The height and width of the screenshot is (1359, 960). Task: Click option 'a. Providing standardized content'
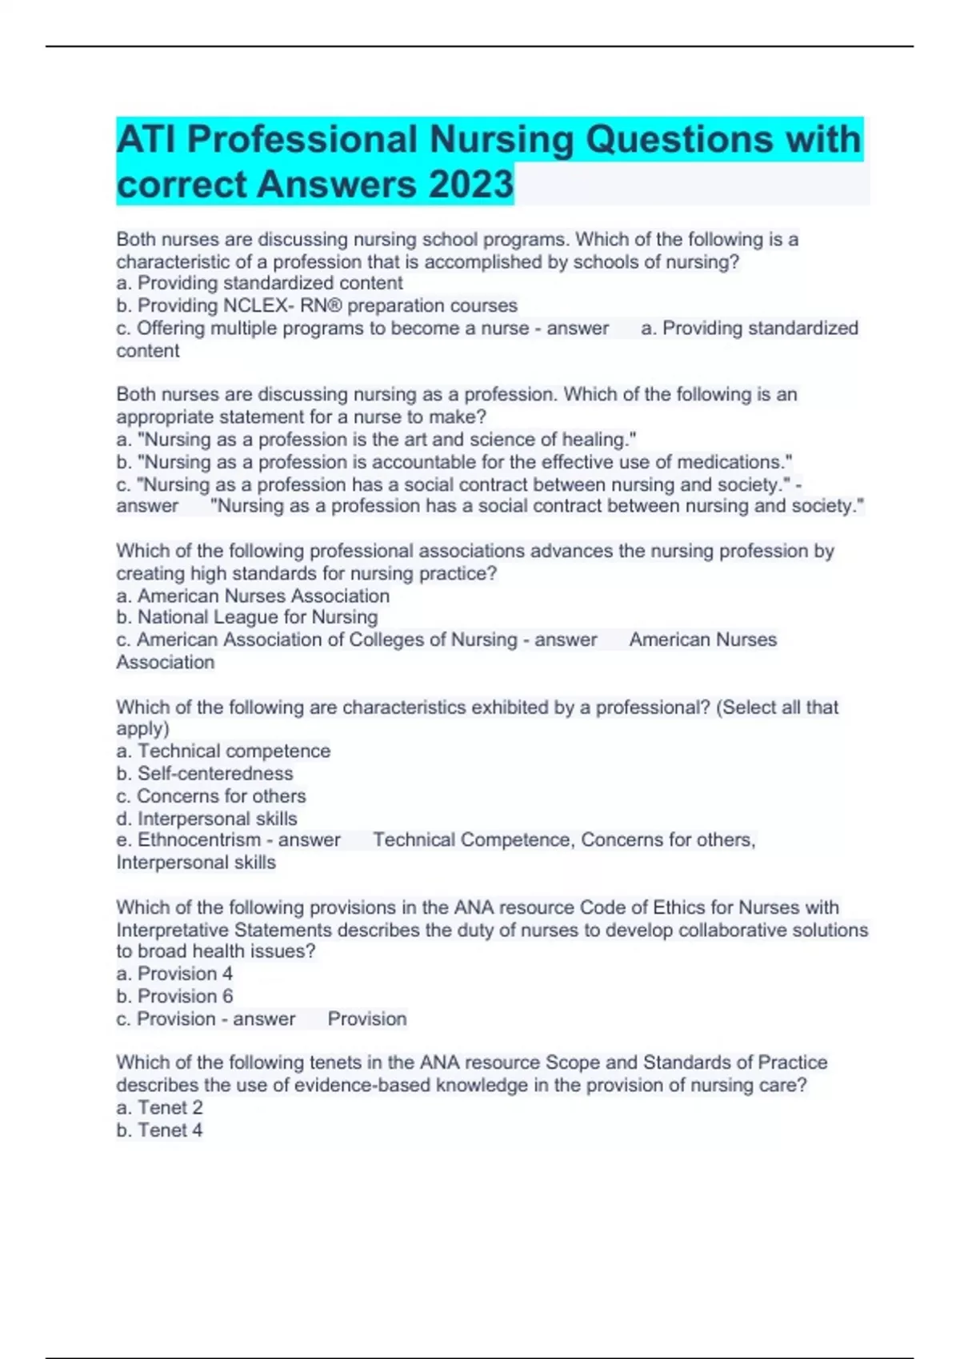pos(259,283)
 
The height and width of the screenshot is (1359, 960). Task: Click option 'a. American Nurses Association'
pos(253,596)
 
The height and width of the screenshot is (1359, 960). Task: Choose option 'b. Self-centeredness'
pos(205,773)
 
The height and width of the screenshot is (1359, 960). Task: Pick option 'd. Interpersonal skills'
pos(206,819)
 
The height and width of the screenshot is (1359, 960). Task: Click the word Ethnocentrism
pos(199,840)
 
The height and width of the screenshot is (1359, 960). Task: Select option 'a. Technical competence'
pos(223,751)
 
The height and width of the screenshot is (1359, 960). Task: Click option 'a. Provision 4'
pos(174,974)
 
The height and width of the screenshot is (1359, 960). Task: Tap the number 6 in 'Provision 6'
pos(228,996)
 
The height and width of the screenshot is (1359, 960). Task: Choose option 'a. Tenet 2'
pos(159,1107)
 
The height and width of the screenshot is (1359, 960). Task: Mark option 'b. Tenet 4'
pos(159,1130)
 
